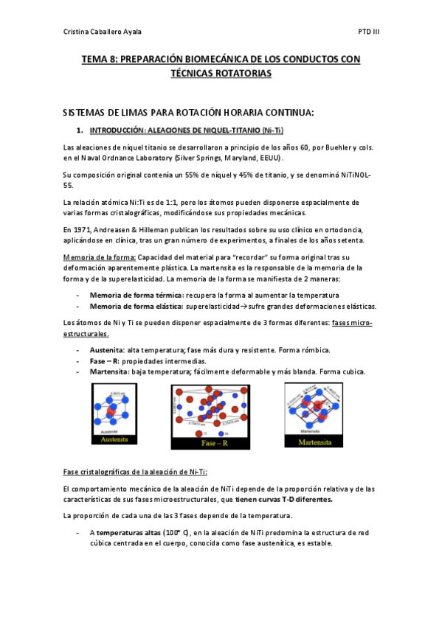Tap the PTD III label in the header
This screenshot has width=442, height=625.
pyautogui.click(x=368, y=32)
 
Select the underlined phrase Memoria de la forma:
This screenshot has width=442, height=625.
pyautogui.click(x=99, y=257)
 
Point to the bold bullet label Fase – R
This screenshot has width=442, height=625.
pyautogui.click(x=104, y=361)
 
